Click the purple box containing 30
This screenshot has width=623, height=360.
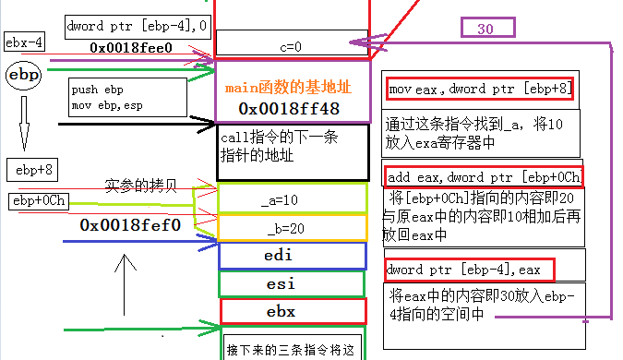point(485,29)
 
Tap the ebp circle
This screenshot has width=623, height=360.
point(23,75)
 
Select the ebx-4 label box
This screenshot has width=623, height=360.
point(25,42)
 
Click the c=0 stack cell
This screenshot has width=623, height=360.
point(291,42)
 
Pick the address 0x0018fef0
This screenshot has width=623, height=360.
point(130,224)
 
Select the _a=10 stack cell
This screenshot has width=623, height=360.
point(292,199)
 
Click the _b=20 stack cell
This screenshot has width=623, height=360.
point(292,227)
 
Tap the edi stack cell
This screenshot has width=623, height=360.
point(292,256)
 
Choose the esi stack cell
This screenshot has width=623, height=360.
point(292,283)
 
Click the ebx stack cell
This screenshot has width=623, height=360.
point(292,312)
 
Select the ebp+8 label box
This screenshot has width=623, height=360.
point(33,169)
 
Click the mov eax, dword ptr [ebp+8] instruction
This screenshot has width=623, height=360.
point(480,89)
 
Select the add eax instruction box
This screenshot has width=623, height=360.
point(483,175)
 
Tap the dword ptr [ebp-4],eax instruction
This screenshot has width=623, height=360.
point(470,270)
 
